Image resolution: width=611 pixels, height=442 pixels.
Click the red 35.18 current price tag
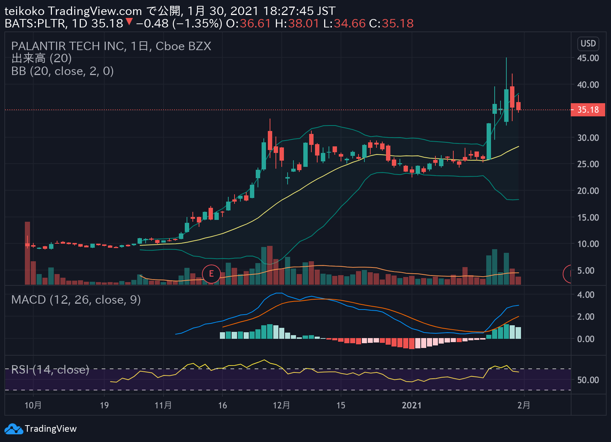point(588,110)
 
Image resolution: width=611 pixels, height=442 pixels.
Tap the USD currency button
point(588,44)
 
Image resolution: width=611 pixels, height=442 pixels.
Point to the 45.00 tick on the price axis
point(588,58)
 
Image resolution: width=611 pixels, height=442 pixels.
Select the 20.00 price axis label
point(588,191)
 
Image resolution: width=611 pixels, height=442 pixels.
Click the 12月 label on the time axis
point(281,405)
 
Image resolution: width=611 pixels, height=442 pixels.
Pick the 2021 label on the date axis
point(412,405)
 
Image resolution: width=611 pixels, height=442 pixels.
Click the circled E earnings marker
point(211,274)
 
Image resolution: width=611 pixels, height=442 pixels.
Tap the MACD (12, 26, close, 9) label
point(76,300)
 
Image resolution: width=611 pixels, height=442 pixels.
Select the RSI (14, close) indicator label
point(50,370)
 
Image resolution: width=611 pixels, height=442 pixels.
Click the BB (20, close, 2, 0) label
point(63,71)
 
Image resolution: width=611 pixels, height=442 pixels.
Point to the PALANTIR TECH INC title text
point(69,46)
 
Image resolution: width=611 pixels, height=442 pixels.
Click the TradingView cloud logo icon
point(14,428)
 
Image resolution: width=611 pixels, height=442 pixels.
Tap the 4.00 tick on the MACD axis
point(586,295)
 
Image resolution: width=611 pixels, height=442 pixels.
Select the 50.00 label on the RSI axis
point(588,380)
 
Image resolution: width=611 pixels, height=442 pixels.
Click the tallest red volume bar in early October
point(27,253)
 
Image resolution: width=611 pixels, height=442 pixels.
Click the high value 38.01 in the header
point(304,23)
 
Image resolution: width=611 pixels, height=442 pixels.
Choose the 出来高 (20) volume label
point(41,59)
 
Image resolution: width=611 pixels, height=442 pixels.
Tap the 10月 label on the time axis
point(33,405)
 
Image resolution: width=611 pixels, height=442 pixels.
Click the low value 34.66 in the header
point(349,23)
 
